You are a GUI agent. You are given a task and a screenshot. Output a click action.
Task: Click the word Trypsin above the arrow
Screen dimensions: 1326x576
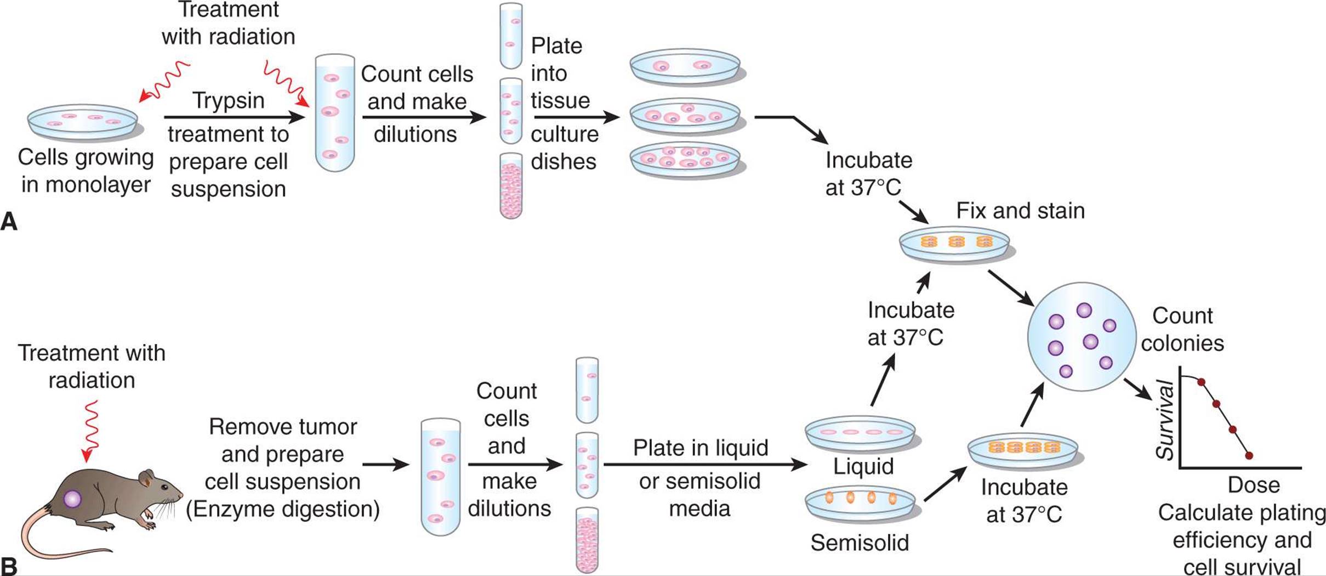coord(228,101)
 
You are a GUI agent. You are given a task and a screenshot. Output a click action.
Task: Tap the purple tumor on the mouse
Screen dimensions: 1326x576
coord(72,499)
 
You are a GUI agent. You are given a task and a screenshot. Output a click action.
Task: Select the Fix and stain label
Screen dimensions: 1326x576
coord(1020,211)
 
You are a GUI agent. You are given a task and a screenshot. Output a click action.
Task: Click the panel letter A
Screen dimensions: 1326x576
coord(9,222)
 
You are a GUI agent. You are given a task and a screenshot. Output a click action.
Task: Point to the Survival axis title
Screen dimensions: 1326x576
coord(1164,420)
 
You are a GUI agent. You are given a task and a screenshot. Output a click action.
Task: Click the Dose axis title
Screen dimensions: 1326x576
coord(1253,485)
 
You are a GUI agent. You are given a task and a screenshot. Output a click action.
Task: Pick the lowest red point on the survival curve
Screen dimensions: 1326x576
coord(1249,455)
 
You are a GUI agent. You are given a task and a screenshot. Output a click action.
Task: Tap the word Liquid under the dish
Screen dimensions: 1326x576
coord(863,466)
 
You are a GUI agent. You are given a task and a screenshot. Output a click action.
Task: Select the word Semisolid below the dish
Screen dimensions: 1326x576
coord(860,543)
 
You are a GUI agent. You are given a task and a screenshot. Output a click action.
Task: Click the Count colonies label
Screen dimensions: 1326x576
coord(1182,329)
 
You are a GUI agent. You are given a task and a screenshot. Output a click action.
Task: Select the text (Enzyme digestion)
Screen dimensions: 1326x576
coord(282,509)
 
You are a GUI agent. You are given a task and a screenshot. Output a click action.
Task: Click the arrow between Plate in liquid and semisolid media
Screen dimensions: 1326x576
coord(705,465)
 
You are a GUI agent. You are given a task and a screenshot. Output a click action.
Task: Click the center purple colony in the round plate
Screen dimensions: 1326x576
coord(1090,342)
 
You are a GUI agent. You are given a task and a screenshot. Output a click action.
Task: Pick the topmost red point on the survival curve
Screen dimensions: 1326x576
coord(1201,382)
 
